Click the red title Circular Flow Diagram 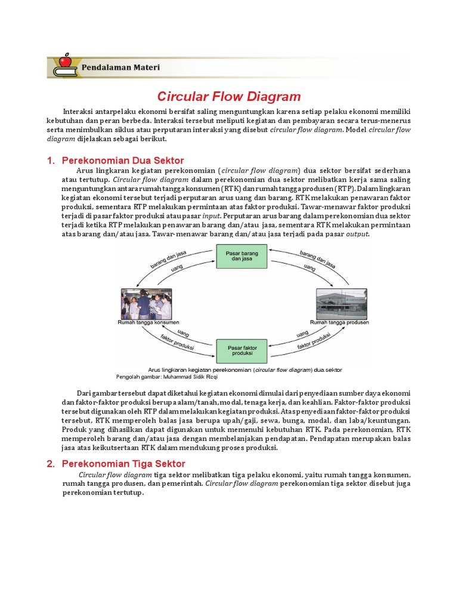228,97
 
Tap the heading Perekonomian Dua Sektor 123,161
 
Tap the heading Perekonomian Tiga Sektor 123,464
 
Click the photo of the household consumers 146,304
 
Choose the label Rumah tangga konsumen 148,322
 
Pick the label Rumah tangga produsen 340,322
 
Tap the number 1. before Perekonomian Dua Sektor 51,161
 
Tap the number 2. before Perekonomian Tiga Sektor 51,464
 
